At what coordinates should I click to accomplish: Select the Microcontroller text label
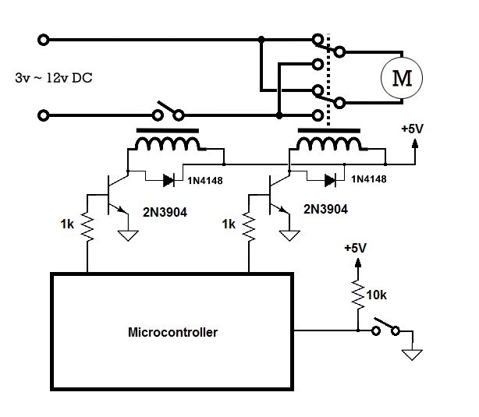pos(172,332)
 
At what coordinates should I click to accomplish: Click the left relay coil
pos(166,145)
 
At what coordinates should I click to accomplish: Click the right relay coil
pos(328,145)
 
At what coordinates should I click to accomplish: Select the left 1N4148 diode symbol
pos(169,180)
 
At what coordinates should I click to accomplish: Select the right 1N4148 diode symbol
pos(330,180)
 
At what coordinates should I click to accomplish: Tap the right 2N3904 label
pos(324,210)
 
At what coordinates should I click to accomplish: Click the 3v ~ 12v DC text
pos(54,79)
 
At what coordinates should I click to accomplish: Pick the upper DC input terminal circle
pos(42,39)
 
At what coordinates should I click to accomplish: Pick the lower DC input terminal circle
pos(42,117)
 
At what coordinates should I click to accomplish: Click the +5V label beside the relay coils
pos(411,129)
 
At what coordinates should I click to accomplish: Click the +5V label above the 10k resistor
pos(355,249)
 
